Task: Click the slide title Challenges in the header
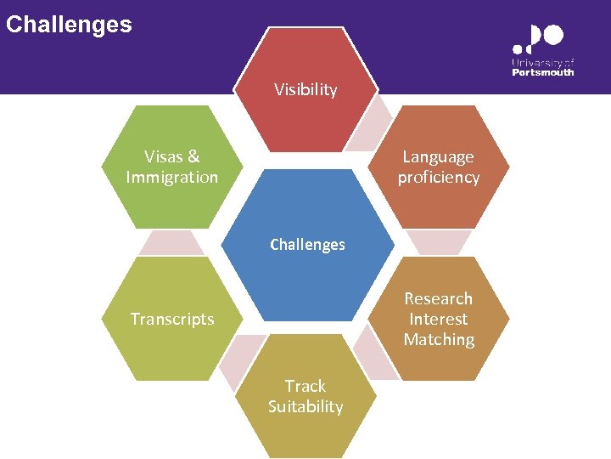(69, 24)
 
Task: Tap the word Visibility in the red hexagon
(305, 89)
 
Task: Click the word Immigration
(171, 178)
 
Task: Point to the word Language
(438, 156)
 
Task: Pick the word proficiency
(439, 178)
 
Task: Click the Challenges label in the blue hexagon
(307, 245)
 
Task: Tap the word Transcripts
(172, 320)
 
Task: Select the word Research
(438, 298)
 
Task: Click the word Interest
(438, 319)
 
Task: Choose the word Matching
(439, 340)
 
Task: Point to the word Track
(305, 386)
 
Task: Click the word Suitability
(305, 406)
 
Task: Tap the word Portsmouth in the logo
(543, 72)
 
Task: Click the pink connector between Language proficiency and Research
(439, 242)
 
